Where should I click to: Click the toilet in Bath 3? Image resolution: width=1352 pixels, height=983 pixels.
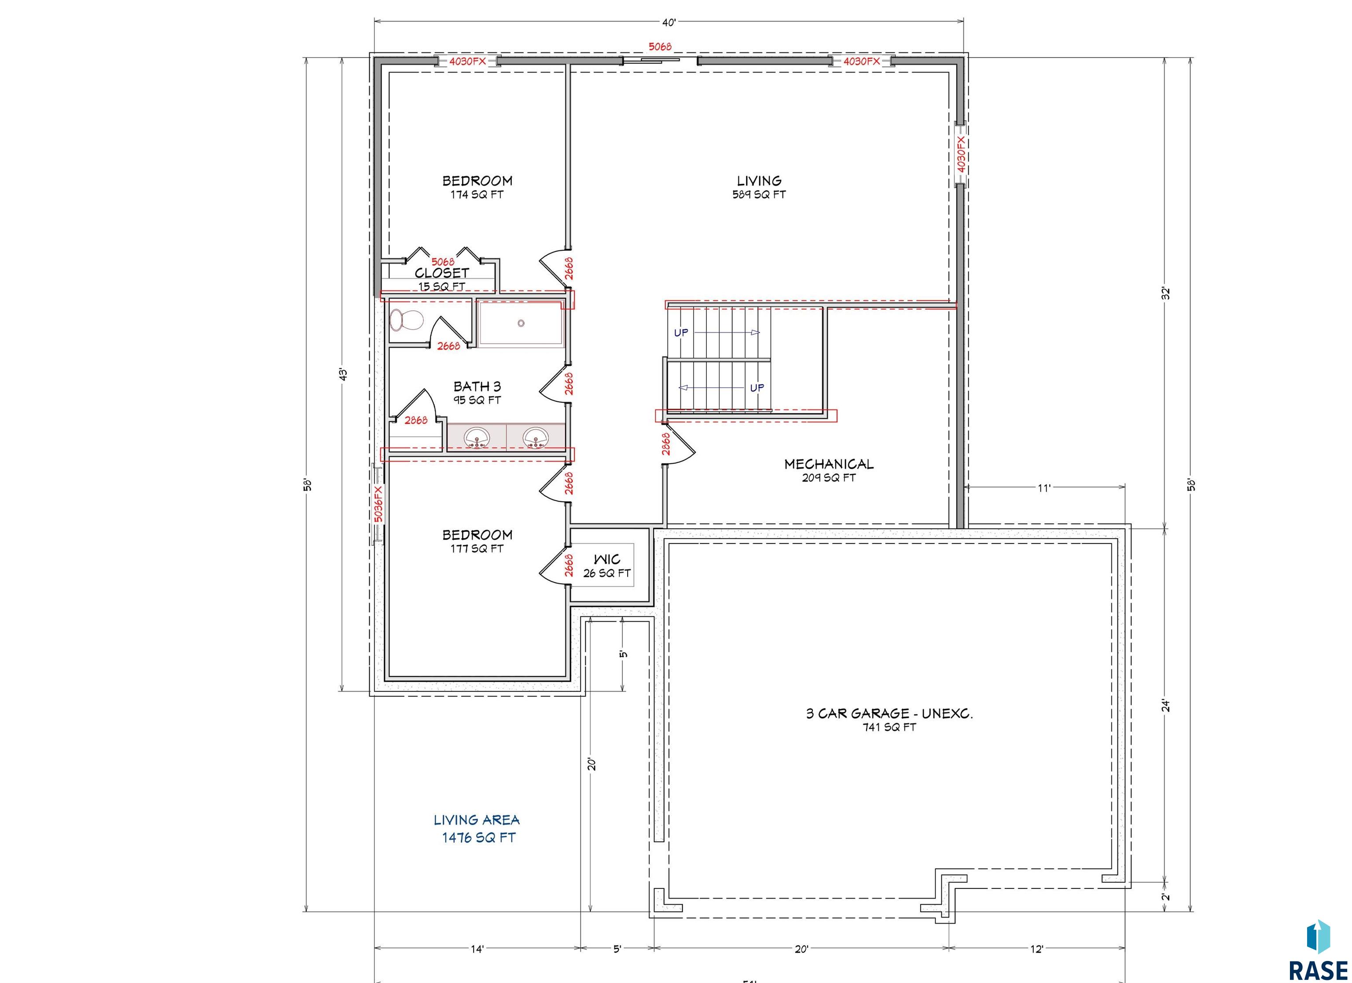[406, 320]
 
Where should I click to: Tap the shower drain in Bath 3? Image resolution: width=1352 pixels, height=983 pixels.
[521, 323]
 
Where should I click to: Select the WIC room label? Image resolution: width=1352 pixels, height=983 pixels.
[607, 559]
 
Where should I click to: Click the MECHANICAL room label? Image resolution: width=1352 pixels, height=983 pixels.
[829, 464]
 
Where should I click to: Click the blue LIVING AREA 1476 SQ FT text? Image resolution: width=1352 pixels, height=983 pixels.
[477, 829]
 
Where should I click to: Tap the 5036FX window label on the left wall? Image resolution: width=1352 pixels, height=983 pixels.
[378, 504]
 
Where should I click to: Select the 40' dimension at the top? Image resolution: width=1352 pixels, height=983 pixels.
[669, 22]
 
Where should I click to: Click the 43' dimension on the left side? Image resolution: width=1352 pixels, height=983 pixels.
[343, 374]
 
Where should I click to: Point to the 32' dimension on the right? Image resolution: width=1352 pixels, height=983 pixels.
[1166, 293]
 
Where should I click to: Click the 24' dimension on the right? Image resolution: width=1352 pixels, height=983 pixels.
[1166, 706]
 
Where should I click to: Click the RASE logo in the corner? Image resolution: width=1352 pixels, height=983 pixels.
[1318, 951]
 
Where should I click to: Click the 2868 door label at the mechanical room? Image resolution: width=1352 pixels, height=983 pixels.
[666, 444]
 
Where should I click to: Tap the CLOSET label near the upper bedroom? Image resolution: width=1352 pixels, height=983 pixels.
[442, 273]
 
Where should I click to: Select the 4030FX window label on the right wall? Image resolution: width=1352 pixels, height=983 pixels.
[960, 154]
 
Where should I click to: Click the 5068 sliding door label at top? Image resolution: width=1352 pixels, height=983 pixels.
[660, 47]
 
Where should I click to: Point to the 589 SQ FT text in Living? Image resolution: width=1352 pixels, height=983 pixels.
[759, 194]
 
